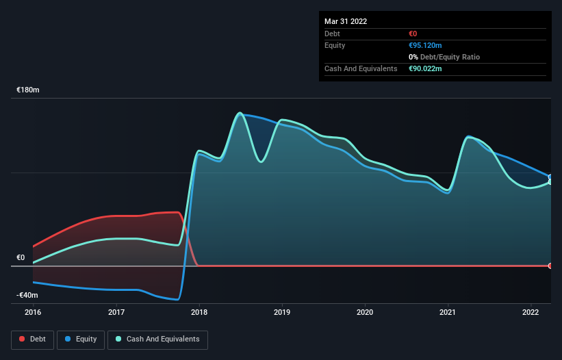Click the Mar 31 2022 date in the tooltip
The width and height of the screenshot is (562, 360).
coord(346,21)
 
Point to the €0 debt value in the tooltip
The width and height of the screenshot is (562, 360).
coord(413,34)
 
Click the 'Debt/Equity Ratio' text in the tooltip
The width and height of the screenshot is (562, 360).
coord(448,57)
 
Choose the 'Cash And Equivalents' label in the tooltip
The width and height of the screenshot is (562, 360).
coord(361,68)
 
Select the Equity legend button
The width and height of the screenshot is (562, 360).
coord(81,339)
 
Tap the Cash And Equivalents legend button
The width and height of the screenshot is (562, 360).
coord(157,339)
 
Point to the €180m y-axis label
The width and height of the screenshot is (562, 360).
coord(28,90)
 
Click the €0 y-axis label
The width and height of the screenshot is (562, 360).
coord(21,258)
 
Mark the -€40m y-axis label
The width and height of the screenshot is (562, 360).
coord(27,295)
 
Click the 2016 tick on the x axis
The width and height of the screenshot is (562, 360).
coord(33,313)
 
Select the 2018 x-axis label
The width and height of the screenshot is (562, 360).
coord(199,313)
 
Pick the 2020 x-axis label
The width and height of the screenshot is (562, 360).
coord(366,313)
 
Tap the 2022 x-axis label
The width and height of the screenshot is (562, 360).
coord(531,313)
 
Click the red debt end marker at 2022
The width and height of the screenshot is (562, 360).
coord(550,266)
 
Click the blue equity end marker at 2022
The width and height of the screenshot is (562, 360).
coord(550,177)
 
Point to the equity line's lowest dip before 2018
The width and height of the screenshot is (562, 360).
coord(177,299)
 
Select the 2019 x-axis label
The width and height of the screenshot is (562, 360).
coord(282,313)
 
